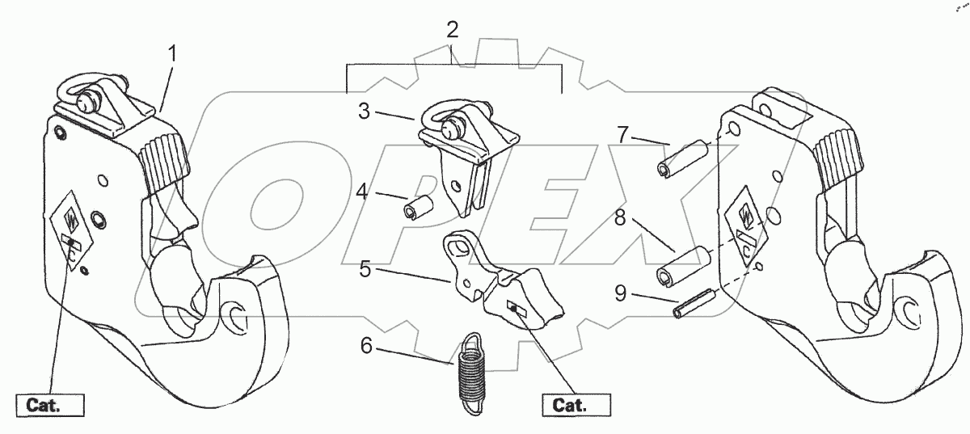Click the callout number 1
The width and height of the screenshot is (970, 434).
(x=172, y=54)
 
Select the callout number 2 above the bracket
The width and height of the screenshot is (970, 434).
(x=452, y=30)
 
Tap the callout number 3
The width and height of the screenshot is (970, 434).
(x=365, y=112)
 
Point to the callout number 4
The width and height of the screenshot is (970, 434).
(x=362, y=191)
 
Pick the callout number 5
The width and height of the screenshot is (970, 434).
(x=365, y=269)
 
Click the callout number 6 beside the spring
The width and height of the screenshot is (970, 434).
(x=366, y=346)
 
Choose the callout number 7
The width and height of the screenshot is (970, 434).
(x=622, y=135)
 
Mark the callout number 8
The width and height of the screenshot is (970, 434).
(x=620, y=217)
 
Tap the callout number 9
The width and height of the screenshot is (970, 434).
(x=621, y=293)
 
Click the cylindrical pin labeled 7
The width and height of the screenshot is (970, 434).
(x=682, y=159)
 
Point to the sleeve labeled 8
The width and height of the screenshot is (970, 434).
(x=683, y=267)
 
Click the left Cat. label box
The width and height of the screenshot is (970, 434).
(x=50, y=406)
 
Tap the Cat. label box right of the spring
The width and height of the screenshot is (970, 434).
(x=576, y=406)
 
